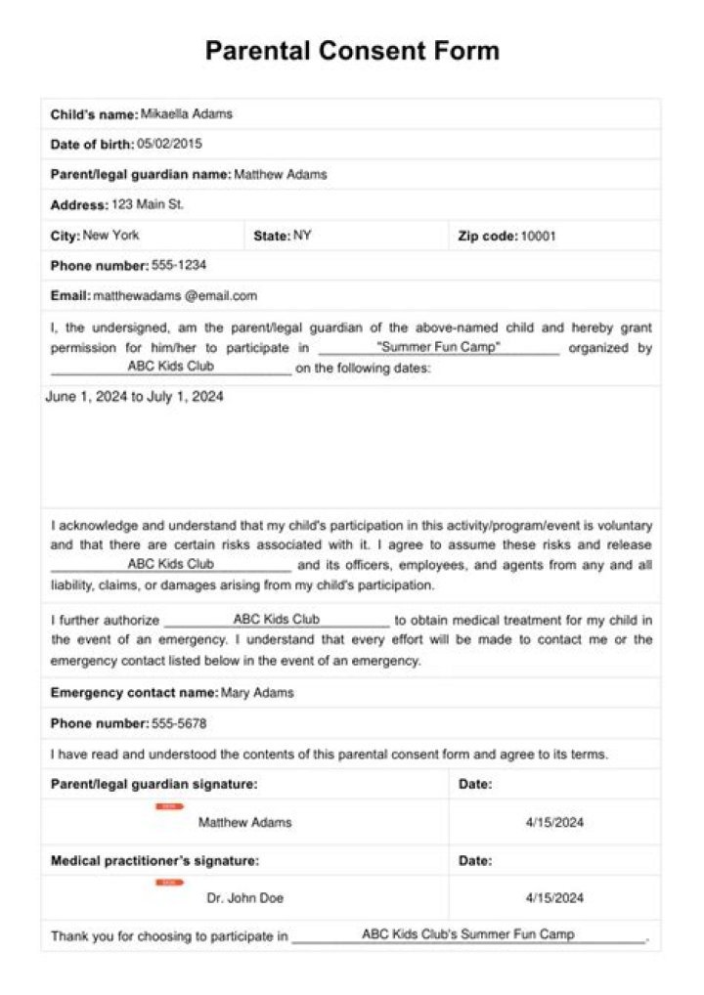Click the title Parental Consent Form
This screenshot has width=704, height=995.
[x=352, y=51]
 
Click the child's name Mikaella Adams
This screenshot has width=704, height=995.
[x=187, y=114]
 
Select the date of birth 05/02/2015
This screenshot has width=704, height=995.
[x=170, y=145]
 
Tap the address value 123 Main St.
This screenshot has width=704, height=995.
[x=148, y=205]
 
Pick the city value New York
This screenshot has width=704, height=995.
[x=111, y=236]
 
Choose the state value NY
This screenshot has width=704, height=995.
[x=302, y=236]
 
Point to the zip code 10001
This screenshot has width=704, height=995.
[x=538, y=236]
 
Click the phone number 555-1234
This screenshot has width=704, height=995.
[x=179, y=266]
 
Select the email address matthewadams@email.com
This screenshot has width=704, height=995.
[x=175, y=296]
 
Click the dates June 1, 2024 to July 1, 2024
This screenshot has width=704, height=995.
[x=135, y=397]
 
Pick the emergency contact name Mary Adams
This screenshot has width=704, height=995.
[x=257, y=694]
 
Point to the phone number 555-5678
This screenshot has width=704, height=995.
[x=179, y=724]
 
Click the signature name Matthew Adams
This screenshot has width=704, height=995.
[x=244, y=823]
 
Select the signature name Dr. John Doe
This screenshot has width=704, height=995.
[x=245, y=898]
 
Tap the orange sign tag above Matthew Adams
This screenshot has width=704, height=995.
[x=168, y=807]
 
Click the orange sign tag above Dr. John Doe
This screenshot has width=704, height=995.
[x=168, y=883]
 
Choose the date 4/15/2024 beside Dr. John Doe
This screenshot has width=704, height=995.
[x=554, y=898]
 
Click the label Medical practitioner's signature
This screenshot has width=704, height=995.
[x=154, y=861]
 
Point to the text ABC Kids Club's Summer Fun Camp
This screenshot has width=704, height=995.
[x=468, y=934]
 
